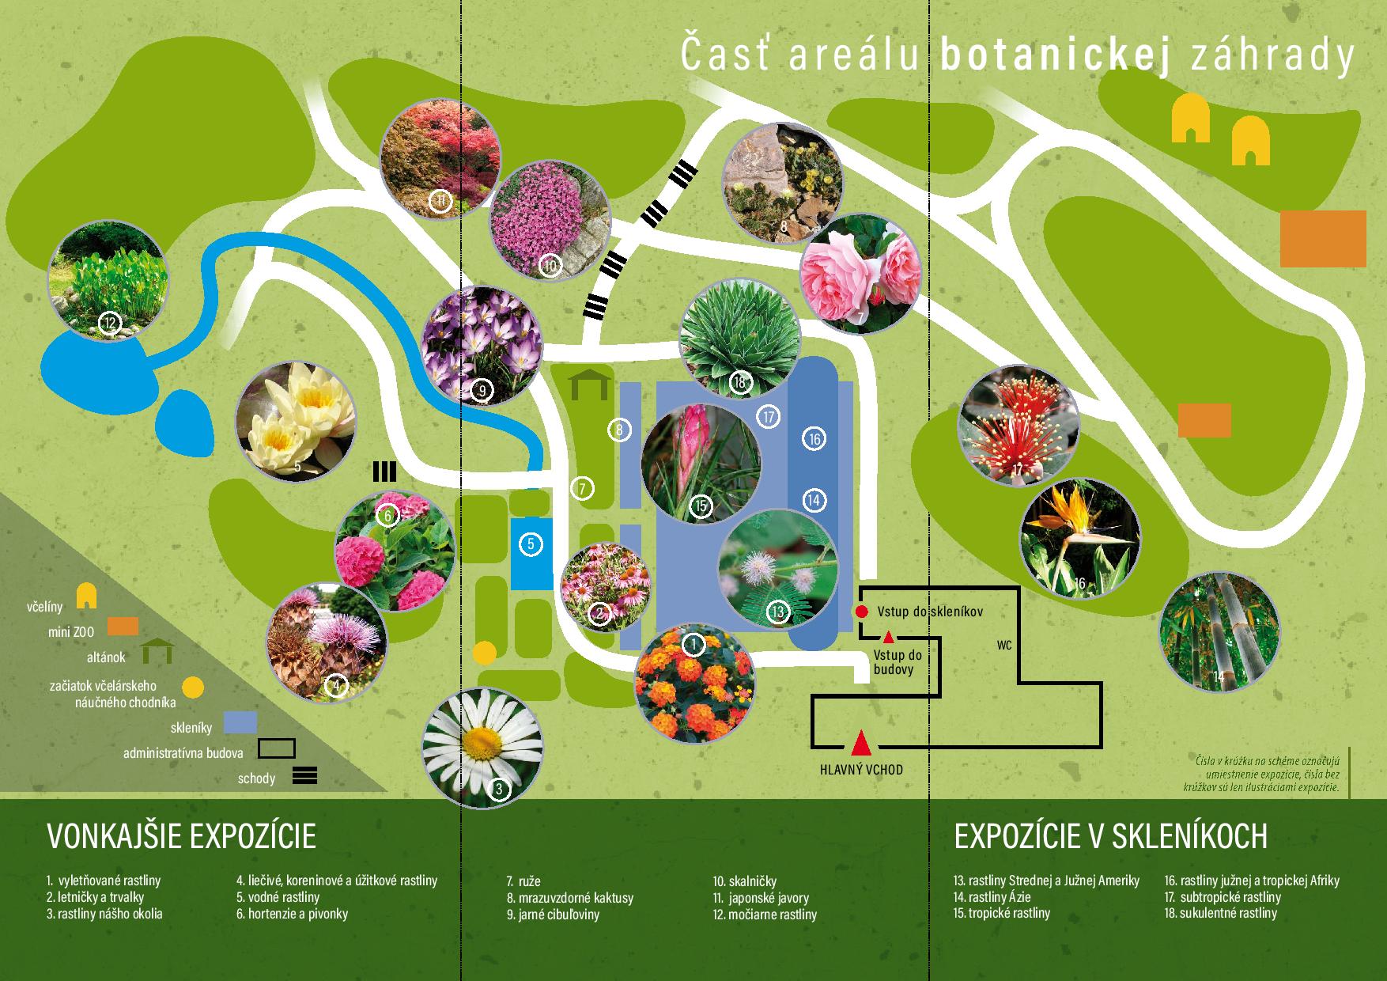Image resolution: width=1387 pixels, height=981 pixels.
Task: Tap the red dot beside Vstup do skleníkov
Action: point(861,612)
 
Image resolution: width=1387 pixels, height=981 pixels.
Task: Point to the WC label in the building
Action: point(1004,646)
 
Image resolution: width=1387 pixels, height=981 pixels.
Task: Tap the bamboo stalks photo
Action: point(1218,634)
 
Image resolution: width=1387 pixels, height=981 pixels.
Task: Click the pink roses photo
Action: point(860,271)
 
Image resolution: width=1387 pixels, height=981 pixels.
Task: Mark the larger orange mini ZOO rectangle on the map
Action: point(1323,238)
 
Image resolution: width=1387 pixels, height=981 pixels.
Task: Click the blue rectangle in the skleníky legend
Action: point(240,722)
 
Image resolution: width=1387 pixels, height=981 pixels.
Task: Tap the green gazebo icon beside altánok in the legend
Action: point(158,651)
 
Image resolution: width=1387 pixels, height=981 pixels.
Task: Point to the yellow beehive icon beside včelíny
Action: point(86,596)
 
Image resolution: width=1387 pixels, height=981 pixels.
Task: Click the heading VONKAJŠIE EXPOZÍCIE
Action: point(182,836)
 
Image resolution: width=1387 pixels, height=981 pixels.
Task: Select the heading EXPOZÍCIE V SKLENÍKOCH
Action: point(1111,836)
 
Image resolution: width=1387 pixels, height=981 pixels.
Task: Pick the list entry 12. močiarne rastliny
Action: point(764,915)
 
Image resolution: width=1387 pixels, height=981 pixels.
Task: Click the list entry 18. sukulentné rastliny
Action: point(1220,913)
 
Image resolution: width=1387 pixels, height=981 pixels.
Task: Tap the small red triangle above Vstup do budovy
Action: point(888,636)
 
